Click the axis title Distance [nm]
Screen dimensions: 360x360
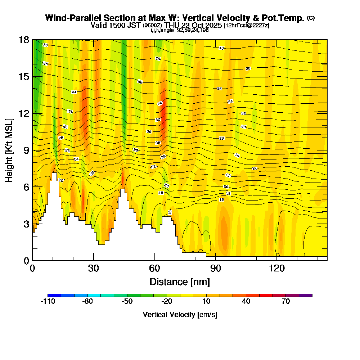180,281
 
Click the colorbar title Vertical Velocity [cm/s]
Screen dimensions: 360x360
180,315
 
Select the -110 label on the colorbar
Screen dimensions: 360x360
48,302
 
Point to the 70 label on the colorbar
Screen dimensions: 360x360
285,302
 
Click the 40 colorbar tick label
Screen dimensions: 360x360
246,302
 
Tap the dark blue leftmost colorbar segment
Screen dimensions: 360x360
54,295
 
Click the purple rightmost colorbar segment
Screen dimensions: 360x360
306,295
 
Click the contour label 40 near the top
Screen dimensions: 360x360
221,48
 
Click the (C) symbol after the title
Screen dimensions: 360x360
311,18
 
